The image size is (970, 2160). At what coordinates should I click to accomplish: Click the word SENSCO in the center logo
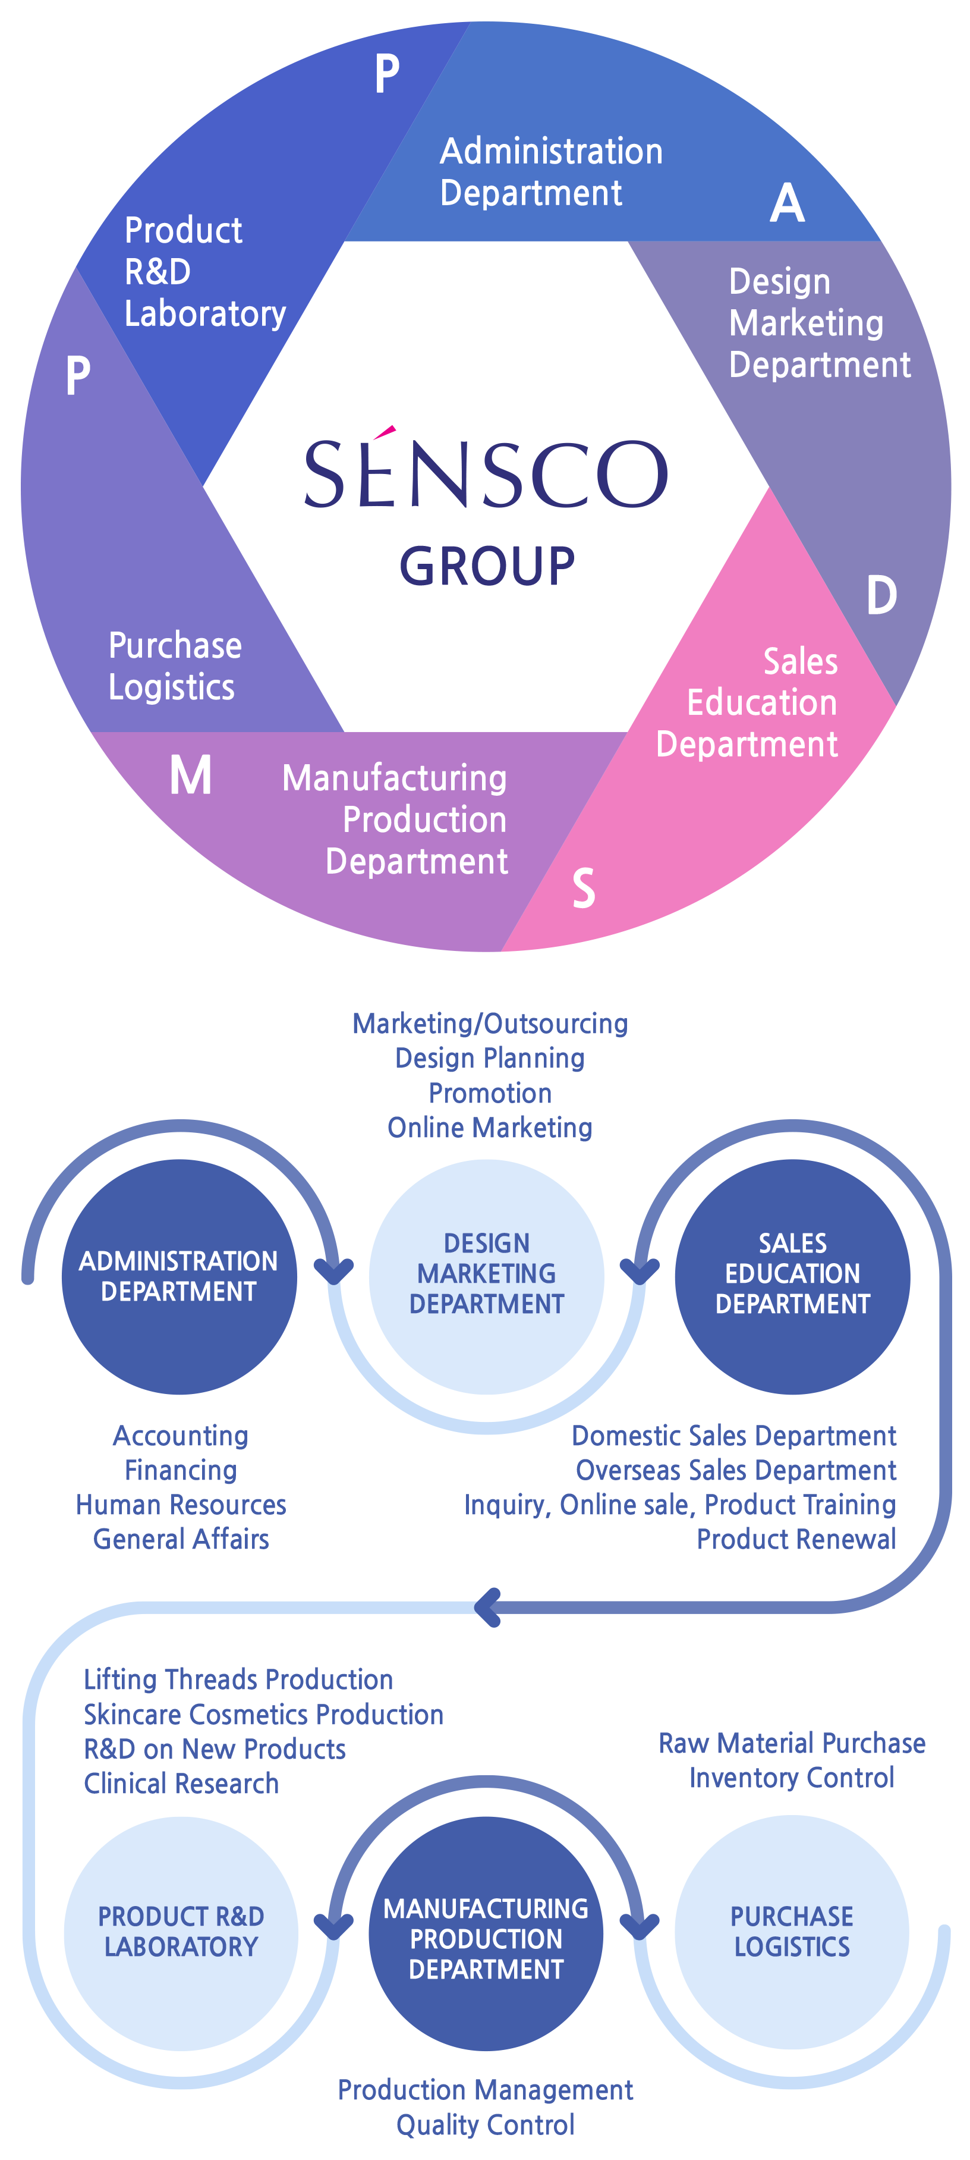(486, 474)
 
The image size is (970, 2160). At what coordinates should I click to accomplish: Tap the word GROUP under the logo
(487, 566)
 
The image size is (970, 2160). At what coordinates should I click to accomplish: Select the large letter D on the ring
(881, 595)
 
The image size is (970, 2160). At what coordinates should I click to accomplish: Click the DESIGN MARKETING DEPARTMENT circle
(486, 1276)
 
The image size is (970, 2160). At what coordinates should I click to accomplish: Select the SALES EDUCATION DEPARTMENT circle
(792, 1276)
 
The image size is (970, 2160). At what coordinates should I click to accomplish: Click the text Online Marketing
(490, 1128)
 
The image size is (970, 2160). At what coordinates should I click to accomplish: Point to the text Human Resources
(181, 1505)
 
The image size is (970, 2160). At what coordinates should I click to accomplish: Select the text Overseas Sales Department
(735, 1471)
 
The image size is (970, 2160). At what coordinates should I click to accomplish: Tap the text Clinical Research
(181, 1784)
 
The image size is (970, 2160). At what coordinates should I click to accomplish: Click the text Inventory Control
(792, 1778)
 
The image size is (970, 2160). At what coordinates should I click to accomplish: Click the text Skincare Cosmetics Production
(263, 1715)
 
